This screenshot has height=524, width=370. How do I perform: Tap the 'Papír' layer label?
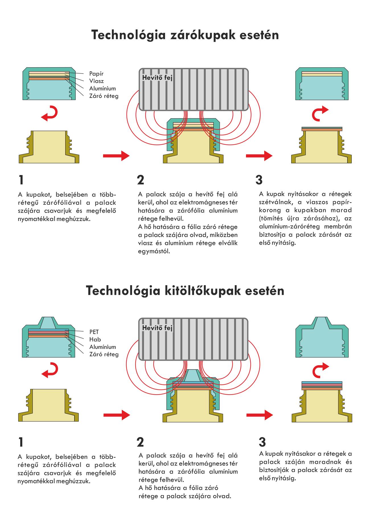pyautogui.click(x=96, y=74)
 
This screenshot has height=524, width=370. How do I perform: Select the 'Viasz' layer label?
pyautogui.click(x=96, y=81)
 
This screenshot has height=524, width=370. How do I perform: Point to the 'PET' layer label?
pyautogui.click(x=94, y=332)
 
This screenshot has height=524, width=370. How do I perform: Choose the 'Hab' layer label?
pyautogui.click(x=95, y=339)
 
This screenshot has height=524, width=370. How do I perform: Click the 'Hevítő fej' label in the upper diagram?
pyautogui.click(x=157, y=78)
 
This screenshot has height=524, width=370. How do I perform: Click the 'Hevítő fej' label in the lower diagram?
pyautogui.click(x=157, y=328)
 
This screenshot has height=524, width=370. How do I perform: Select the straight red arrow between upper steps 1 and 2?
pyautogui.click(x=116, y=156)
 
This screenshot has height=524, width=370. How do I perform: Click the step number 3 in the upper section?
pyautogui.click(x=259, y=180)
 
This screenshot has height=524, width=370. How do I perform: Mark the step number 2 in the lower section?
pyautogui.click(x=140, y=442)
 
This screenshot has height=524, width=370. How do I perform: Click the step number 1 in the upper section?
pyautogui.click(x=21, y=180)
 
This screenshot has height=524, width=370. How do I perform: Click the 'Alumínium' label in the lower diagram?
pyautogui.click(x=103, y=347)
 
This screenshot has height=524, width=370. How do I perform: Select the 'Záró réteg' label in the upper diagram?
pyautogui.click(x=104, y=96)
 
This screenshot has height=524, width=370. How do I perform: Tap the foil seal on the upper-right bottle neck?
pyautogui.click(x=322, y=129)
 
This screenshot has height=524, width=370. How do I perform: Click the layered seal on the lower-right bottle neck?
pyautogui.click(x=322, y=385)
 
